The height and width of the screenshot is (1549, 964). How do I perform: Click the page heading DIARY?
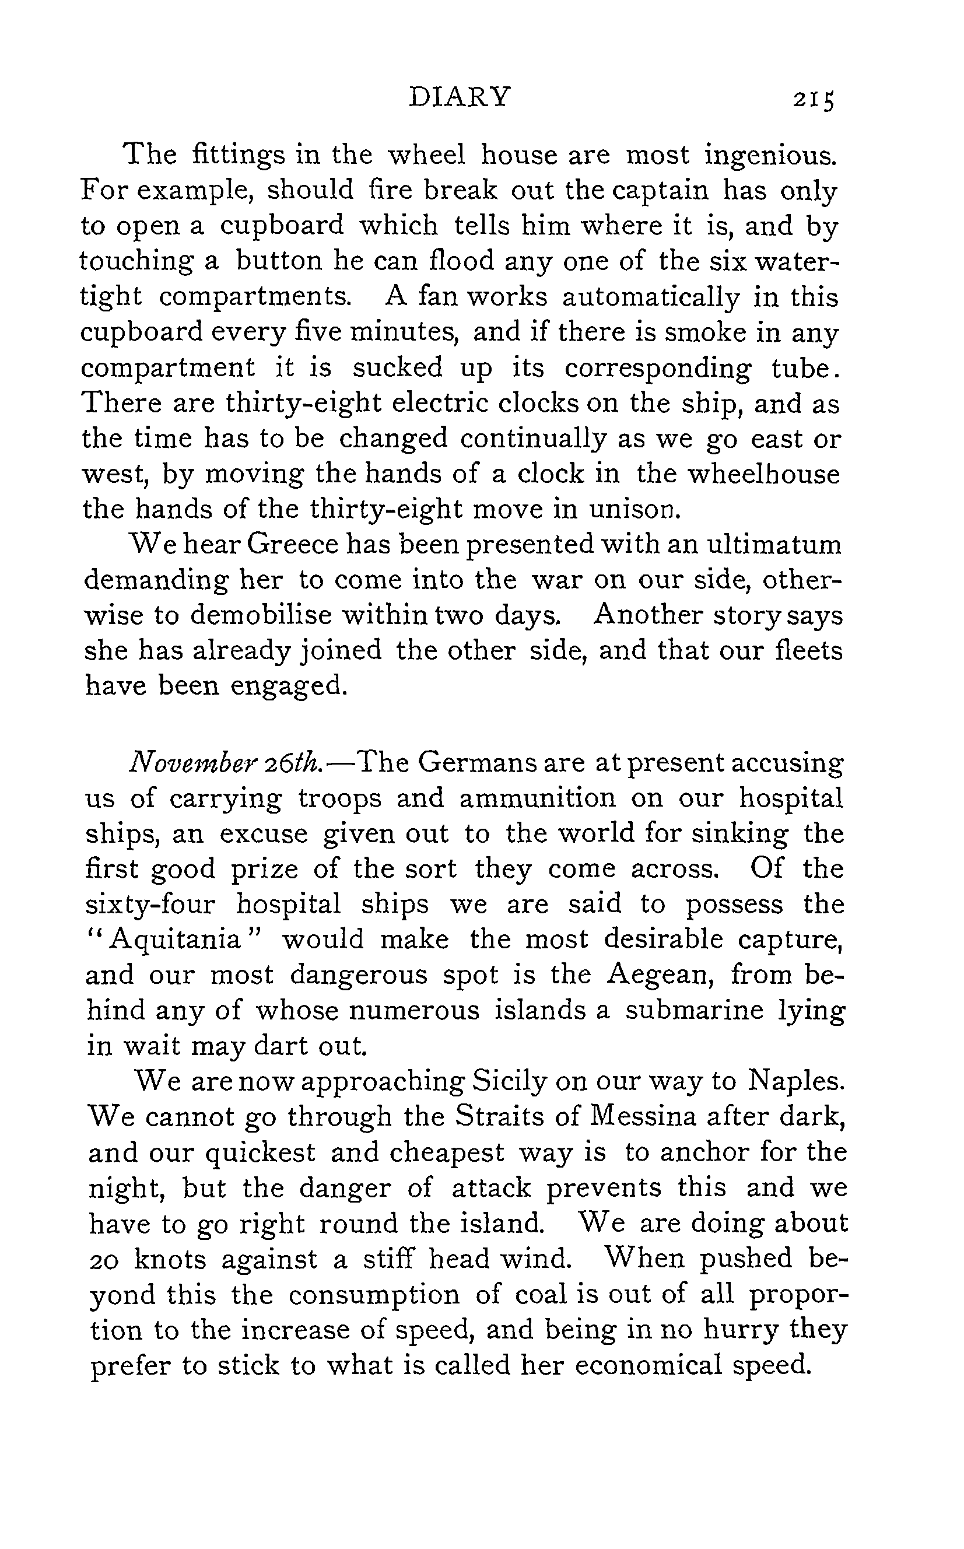pos(459,97)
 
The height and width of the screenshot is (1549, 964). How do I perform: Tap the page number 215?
pos(813,100)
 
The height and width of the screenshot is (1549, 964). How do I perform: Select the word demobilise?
pos(261,616)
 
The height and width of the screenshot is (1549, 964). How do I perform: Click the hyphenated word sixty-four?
pos(150,905)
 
